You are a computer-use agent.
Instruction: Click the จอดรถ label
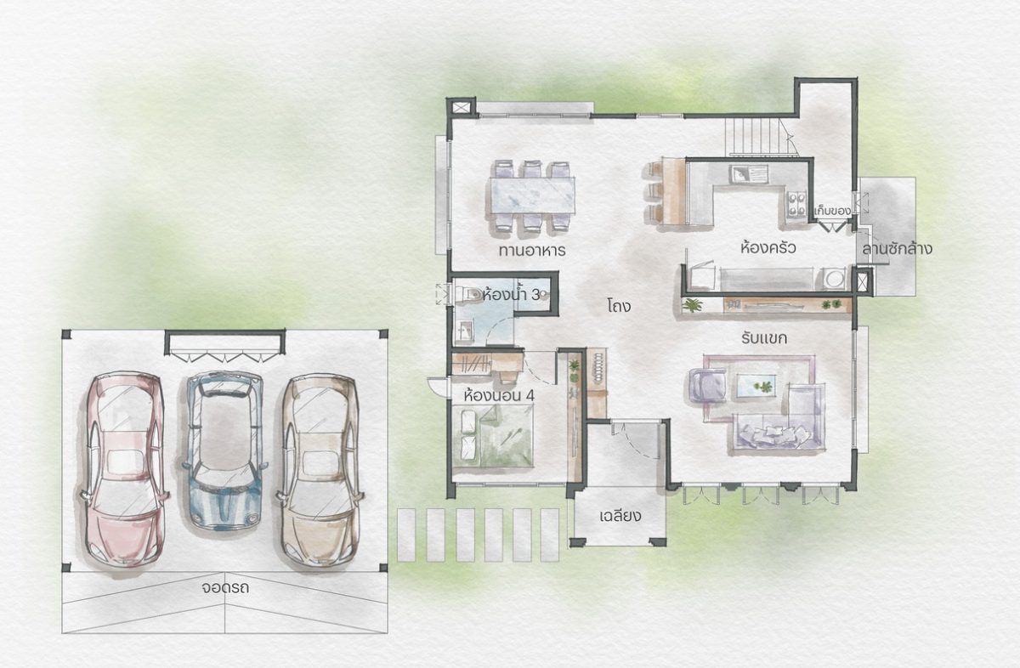(225, 588)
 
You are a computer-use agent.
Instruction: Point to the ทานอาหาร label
(532, 251)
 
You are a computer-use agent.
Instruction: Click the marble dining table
(532, 195)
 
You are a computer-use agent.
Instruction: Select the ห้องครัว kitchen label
(768, 248)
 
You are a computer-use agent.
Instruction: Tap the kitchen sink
(750, 174)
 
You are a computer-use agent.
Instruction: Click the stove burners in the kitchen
(796, 204)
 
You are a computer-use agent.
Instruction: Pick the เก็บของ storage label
(832, 212)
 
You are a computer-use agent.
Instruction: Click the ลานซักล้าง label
(897, 249)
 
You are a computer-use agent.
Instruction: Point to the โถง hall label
(620, 306)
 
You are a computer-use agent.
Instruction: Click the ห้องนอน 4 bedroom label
(499, 396)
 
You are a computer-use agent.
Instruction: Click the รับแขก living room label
(764, 338)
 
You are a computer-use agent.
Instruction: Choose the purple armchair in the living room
(707, 385)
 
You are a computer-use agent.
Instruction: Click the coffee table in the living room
(756, 385)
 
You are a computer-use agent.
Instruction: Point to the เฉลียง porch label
(620, 517)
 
